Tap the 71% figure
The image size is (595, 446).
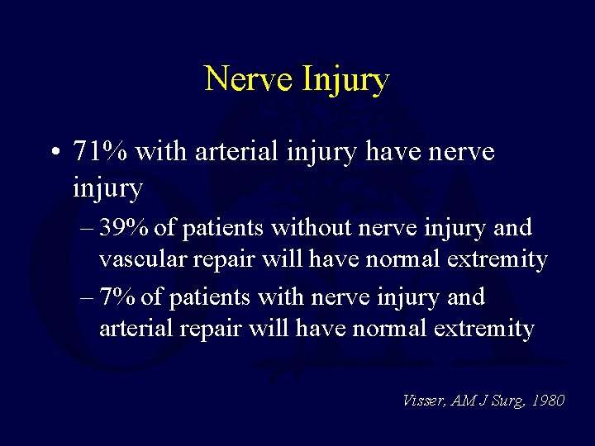tap(100, 152)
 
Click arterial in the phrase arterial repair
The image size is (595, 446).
tap(135, 330)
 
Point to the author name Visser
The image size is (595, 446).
tap(423, 401)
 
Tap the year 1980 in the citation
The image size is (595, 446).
tap(549, 401)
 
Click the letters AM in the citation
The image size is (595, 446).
tap(465, 401)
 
